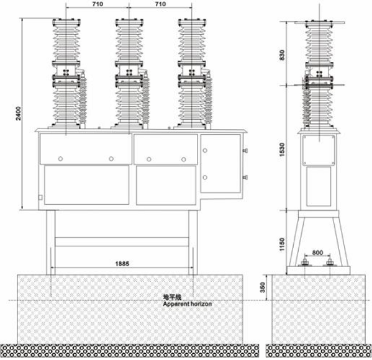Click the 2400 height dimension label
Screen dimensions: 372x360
(x=19, y=114)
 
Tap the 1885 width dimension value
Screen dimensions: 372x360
(x=122, y=264)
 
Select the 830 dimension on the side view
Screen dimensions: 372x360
(x=282, y=55)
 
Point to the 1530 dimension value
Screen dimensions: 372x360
(x=282, y=150)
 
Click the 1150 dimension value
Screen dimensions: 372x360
(x=282, y=245)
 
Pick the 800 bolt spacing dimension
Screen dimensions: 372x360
(x=317, y=253)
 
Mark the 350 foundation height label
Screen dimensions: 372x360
(x=263, y=287)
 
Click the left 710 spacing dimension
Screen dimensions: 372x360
(x=98, y=4)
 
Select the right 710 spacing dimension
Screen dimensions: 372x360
(x=160, y=4)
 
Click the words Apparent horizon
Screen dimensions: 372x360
(x=188, y=304)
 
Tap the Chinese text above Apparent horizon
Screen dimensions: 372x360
(x=172, y=297)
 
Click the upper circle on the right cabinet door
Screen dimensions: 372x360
(x=205, y=150)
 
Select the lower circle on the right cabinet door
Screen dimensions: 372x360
(x=205, y=177)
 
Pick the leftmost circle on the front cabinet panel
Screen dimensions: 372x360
(x=60, y=159)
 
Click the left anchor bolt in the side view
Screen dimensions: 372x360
(x=304, y=263)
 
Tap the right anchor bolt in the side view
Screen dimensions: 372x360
(x=330, y=263)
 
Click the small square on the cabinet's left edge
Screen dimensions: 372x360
(x=40, y=197)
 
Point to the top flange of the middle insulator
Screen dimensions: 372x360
(x=129, y=22)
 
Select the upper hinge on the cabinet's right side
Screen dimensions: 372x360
(x=245, y=150)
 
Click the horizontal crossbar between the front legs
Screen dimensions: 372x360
(x=122, y=241)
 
